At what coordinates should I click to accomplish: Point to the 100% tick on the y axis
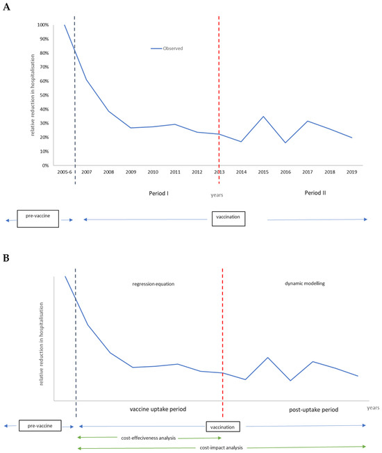43,25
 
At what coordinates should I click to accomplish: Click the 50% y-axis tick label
44,95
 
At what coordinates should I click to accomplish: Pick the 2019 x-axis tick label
353,172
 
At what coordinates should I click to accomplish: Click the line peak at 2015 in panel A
263,117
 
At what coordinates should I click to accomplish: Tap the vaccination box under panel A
229,220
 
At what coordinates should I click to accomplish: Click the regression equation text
149,284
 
